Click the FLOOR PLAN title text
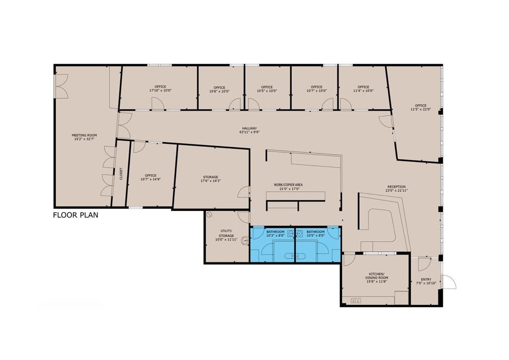pos(76,215)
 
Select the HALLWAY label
pos(250,130)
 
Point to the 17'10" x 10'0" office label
pos(160,89)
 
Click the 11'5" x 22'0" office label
pos(421,107)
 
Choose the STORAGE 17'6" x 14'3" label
pos(210,179)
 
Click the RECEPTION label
pos(396,188)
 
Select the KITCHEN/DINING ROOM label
pos(377,278)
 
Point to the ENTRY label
pos(426,281)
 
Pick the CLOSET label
pos(121,174)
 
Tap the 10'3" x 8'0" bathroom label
pos(275,234)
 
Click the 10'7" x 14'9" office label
pos(150,177)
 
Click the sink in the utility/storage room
pos(245,241)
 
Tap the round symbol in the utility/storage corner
pos(210,215)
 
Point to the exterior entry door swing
pos(449,282)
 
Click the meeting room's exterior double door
pos(61,86)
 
